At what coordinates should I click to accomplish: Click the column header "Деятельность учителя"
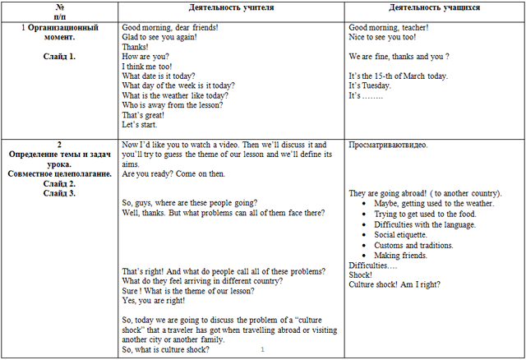(x=232, y=7)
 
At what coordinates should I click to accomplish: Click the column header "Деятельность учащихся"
(x=435, y=7)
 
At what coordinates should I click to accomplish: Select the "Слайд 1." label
(x=59, y=56)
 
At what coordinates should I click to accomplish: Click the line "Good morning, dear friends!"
(x=175, y=27)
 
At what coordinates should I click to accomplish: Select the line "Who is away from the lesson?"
(x=174, y=104)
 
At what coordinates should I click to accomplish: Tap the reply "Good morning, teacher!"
(x=388, y=27)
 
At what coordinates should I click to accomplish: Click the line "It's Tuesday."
(x=370, y=85)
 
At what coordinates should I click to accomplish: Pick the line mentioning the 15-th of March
(x=398, y=75)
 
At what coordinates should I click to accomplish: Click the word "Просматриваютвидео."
(x=387, y=144)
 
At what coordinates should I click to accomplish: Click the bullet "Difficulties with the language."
(x=430, y=224)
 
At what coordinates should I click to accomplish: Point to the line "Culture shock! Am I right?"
(x=394, y=284)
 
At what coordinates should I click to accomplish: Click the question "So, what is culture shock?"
(x=165, y=349)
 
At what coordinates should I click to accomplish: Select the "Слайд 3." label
(x=59, y=193)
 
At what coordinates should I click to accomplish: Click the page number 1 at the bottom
(x=261, y=350)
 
